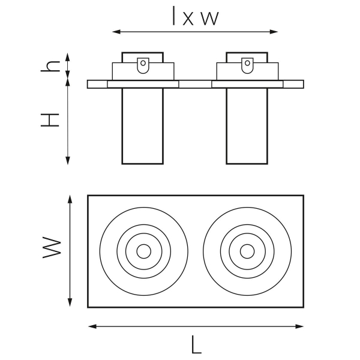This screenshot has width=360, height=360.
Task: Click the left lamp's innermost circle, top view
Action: pos(143,250)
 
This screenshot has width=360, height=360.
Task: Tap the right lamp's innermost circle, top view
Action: pos(247,250)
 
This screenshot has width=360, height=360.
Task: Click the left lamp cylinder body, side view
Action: pos(142,126)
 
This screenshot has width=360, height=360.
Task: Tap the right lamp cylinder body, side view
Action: pos(247,126)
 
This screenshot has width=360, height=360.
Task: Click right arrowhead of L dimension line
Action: pos(302,326)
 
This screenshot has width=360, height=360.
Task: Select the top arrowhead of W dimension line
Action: pos(70,197)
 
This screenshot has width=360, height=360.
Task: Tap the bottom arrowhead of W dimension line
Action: pos(70,305)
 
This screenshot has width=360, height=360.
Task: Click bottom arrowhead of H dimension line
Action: pos(68,161)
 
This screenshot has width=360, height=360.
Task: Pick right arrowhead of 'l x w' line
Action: pos(276,31)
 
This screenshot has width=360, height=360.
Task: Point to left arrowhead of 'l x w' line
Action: pos(115,31)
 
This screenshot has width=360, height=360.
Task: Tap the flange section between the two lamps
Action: pos(195,84)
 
